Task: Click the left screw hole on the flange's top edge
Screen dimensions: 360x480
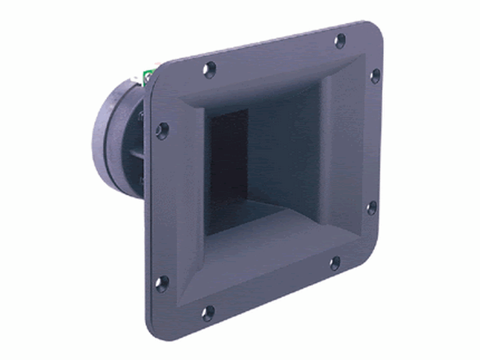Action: click(209, 70)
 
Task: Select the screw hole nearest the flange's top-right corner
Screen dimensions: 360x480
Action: click(340, 41)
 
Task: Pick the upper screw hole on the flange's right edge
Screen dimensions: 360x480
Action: click(375, 76)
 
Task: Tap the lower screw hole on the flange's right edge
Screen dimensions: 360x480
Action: click(372, 208)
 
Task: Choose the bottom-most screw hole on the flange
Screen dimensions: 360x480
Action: click(208, 313)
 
